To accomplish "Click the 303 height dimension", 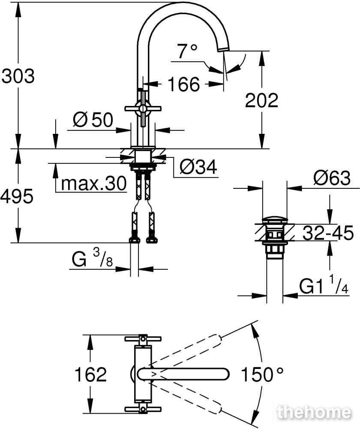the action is point(18,76).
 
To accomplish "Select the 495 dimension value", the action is point(17,196).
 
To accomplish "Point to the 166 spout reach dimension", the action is point(184,84).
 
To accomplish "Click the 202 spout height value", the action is point(261,100).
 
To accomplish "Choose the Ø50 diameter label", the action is point(93,120).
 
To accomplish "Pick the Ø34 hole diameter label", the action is point(198,166).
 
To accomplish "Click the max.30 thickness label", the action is point(94,183).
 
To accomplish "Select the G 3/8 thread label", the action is point(92,259).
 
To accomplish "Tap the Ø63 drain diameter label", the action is point(332,178).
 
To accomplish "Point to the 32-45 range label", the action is point(328,233).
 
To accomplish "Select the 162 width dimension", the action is point(90,374).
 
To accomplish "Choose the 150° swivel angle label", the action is point(262,374).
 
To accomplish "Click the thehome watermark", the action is point(314,412).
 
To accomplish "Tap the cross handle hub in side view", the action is point(142,109).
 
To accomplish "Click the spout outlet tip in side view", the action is point(224,49).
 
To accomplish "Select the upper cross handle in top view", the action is point(143,339).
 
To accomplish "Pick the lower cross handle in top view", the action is point(143,409).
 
